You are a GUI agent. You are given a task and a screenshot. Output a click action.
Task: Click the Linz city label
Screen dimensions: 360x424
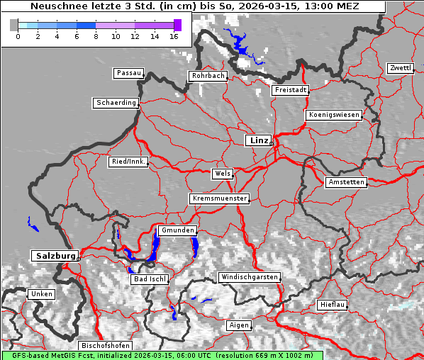258,140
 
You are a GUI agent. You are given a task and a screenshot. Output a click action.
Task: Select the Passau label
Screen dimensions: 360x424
128,73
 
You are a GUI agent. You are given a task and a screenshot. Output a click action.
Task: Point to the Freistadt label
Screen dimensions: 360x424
290,90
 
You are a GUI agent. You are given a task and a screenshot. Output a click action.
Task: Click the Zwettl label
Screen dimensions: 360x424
400,68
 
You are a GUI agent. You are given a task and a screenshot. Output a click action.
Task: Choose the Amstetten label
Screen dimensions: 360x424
346,182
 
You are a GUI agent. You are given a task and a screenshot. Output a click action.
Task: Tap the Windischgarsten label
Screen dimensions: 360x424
249,276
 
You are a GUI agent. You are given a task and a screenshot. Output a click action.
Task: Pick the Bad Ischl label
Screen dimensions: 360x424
150,279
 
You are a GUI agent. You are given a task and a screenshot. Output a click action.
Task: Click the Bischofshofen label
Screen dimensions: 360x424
105,346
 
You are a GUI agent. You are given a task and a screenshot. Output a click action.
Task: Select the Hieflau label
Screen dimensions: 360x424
333,305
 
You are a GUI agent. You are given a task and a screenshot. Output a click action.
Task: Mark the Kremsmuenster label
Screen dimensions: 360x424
220,198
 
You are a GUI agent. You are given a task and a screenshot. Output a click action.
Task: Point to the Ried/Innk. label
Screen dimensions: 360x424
128,162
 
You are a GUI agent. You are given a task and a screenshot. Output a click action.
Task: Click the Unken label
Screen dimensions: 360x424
41,293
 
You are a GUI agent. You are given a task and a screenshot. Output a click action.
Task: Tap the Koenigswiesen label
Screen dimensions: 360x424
333,115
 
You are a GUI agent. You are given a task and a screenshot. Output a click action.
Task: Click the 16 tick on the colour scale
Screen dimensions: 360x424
174,35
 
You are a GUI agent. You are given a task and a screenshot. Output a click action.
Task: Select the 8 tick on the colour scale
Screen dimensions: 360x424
96,35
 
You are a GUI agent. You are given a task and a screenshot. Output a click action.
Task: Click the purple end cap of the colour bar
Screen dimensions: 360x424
177,25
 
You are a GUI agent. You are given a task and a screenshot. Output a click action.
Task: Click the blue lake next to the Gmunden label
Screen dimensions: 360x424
155,246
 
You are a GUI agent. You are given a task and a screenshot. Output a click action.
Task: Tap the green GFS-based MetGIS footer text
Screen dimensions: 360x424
162,355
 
